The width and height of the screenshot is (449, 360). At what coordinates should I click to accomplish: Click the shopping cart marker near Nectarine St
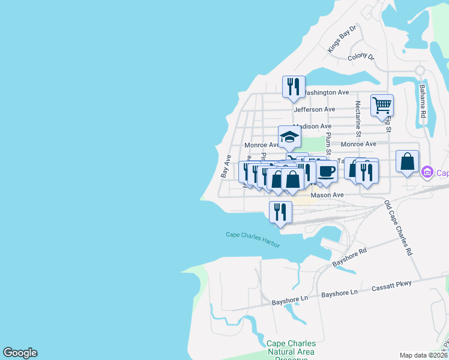click(382, 106)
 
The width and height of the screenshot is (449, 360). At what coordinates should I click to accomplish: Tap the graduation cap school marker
click(289, 137)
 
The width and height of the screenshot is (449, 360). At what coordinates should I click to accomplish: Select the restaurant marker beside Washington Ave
click(294, 87)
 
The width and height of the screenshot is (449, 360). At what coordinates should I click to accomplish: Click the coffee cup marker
click(326, 172)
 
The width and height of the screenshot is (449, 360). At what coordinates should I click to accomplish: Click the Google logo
click(20, 353)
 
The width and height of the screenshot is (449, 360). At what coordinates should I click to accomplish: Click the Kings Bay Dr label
click(342, 38)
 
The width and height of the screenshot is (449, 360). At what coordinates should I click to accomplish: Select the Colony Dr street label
click(361, 58)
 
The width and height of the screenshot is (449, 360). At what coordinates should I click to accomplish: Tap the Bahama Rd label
click(423, 100)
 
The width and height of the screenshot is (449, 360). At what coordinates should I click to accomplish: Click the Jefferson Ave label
click(314, 110)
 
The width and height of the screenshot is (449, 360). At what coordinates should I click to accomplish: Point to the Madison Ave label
click(312, 127)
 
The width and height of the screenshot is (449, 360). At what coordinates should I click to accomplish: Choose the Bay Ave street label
click(226, 166)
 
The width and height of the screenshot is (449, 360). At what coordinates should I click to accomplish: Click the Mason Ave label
click(327, 195)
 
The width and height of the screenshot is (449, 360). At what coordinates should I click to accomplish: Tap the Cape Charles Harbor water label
click(253, 235)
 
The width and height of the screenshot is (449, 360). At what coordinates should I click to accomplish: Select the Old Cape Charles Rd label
click(399, 229)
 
